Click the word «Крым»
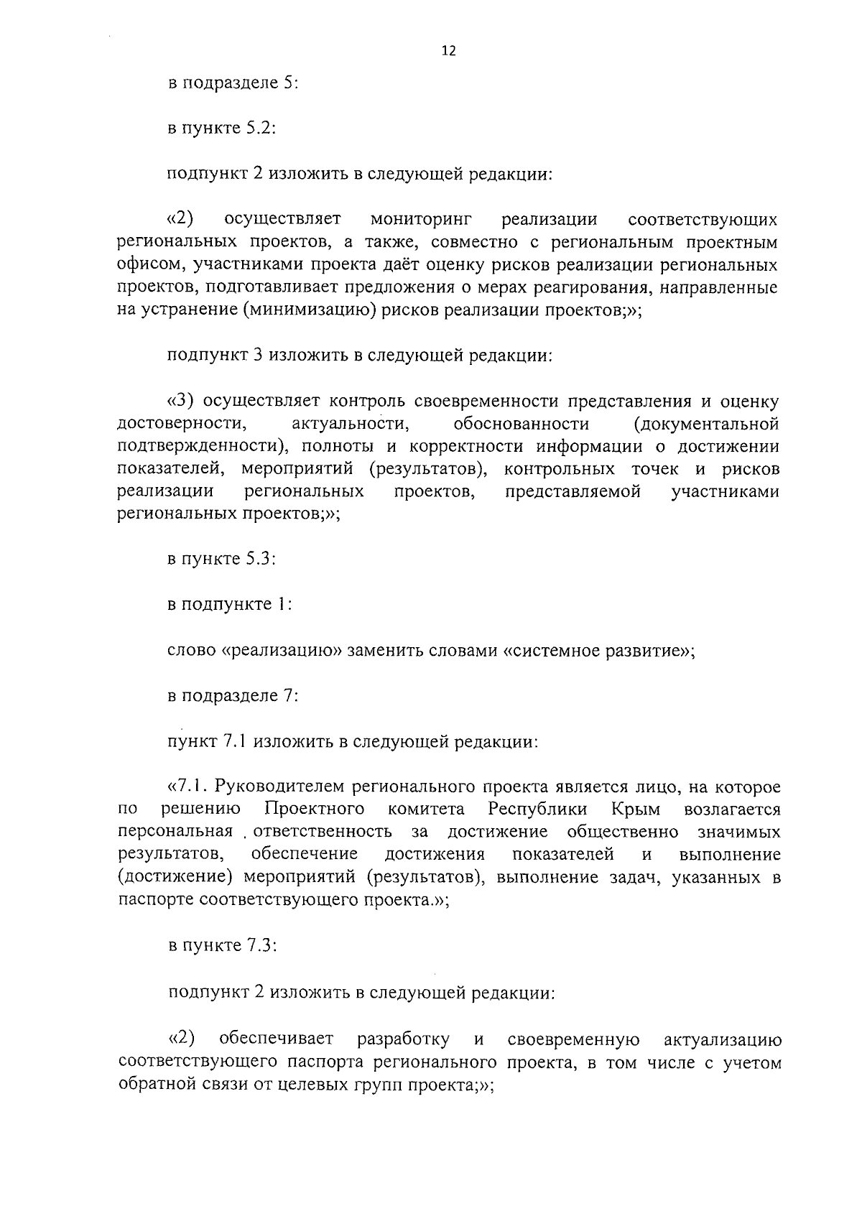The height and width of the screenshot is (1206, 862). pos(636,810)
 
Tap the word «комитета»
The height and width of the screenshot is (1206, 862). pos(426,810)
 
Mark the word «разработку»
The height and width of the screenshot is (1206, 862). pos(403,1039)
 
